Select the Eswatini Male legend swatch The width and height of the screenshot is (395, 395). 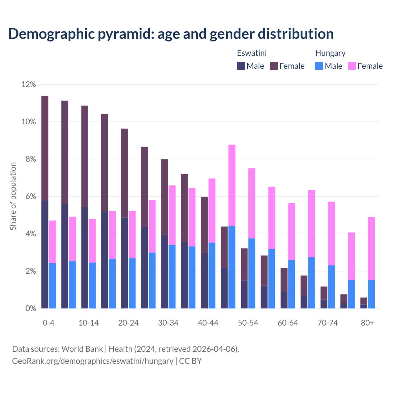pyautogui.click(x=241, y=66)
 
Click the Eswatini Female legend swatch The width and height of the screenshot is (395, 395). pyautogui.click(x=274, y=66)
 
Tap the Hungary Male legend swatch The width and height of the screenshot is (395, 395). pyautogui.click(x=319, y=66)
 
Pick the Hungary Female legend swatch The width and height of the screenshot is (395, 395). pyautogui.click(x=352, y=66)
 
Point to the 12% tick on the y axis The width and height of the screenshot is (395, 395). pyautogui.click(x=29, y=84)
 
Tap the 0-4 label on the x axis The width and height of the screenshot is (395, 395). pyautogui.click(x=48, y=323)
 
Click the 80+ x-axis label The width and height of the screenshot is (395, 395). pyautogui.click(x=367, y=323)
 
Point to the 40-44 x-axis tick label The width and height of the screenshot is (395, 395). pyautogui.click(x=208, y=323)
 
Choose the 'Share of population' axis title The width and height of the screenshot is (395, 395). pyautogui.click(x=13, y=196)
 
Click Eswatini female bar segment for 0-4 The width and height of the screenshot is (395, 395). pyautogui.click(x=45, y=148)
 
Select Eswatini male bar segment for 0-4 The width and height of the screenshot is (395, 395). pyautogui.click(x=45, y=255)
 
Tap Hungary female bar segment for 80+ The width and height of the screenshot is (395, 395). pyautogui.click(x=371, y=248)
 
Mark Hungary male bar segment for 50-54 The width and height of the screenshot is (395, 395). pyautogui.click(x=252, y=273)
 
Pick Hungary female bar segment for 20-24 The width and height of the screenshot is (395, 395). pyautogui.click(x=132, y=235)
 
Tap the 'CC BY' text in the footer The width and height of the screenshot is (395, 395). pyautogui.click(x=190, y=361)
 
